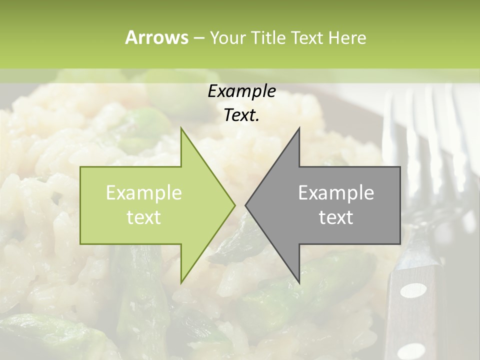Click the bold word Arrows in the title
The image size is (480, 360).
pyautogui.click(x=156, y=37)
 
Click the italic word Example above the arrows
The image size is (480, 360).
pyautogui.click(x=241, y=91)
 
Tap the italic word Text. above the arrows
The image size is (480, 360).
pyautogui.click(x=241, y=115)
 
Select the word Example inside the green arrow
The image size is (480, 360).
pyautogui.click(x=144, y=193)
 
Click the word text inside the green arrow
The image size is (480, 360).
pyautogui.click(x=144, y=217)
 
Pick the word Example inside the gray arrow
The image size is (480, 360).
pyautogui.click(x=336, y=193)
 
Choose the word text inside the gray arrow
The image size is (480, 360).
pyautogui.click(x=336, y=217)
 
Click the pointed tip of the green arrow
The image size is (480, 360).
pyautogui.click(x=234, y=205)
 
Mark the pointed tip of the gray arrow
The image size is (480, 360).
pyautogui.click(x=245, y=205)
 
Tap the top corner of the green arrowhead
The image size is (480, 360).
pyautogui.click(x=181, y=128)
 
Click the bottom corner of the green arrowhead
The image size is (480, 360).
pyautogui.click(x=181, y=282)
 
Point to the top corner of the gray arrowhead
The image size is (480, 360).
pyautogui.click(x=299, y=128)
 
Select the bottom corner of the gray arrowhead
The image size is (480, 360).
pyautogui.click(x=299, y=283)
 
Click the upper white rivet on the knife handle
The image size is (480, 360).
pyautogui.click(x=414, y=290)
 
